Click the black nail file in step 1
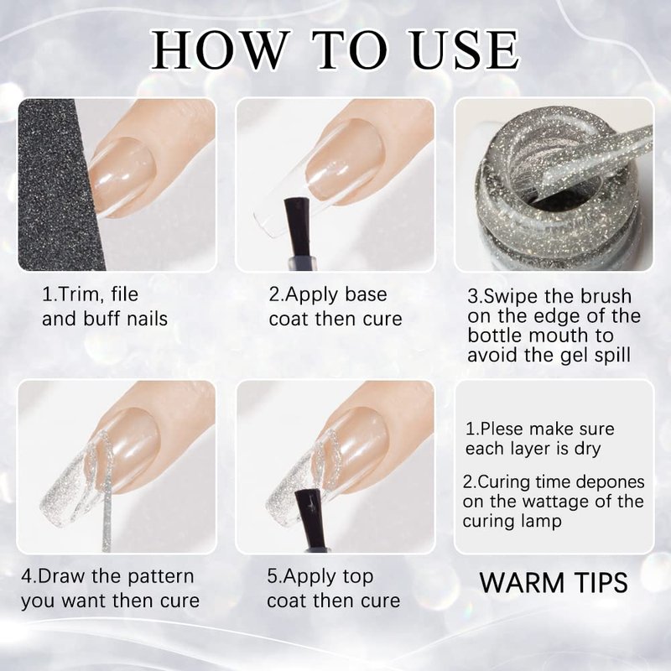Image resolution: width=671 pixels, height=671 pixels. (x=60, y=185)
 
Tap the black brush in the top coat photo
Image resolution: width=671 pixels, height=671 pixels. (x=312, y=520)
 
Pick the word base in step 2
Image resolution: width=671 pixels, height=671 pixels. (x=366, y=294)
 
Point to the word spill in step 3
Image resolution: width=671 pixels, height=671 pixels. (x=611, y=356)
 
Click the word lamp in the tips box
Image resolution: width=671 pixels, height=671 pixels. (x=543, y=522)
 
